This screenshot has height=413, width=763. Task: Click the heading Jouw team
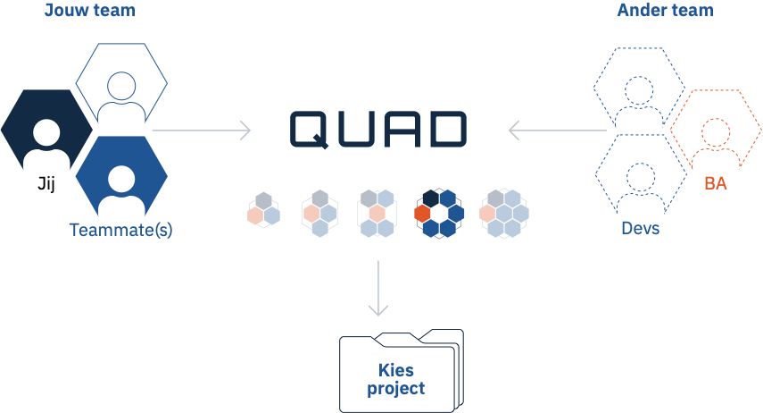[90, 10]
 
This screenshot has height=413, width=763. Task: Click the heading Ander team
[665, 10]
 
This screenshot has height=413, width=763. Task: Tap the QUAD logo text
[378, 130]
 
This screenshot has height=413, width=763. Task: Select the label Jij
[46, 184]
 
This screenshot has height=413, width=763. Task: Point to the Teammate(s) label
[120, 230]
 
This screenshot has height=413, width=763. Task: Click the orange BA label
[716, 184]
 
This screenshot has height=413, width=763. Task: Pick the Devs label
[641, 228]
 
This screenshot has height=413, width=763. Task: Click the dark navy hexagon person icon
[46, 130]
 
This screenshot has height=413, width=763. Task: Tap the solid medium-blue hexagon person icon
[121, 176]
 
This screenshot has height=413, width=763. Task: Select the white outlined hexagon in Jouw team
[121, 83]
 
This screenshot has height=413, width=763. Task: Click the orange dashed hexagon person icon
[716, 128]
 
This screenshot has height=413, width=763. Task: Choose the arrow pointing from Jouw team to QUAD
[202, 131]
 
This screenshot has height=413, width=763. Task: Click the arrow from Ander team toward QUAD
[558, 131]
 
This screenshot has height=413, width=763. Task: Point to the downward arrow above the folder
[378, 288]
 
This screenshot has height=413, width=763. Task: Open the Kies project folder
[402, 371]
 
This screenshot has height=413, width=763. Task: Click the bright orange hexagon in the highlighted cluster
[422, 214]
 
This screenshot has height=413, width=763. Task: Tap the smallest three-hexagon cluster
[264, 210]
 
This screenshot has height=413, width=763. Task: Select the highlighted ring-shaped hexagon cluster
[439, 213]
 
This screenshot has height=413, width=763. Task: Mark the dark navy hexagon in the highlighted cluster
[431, 198]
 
